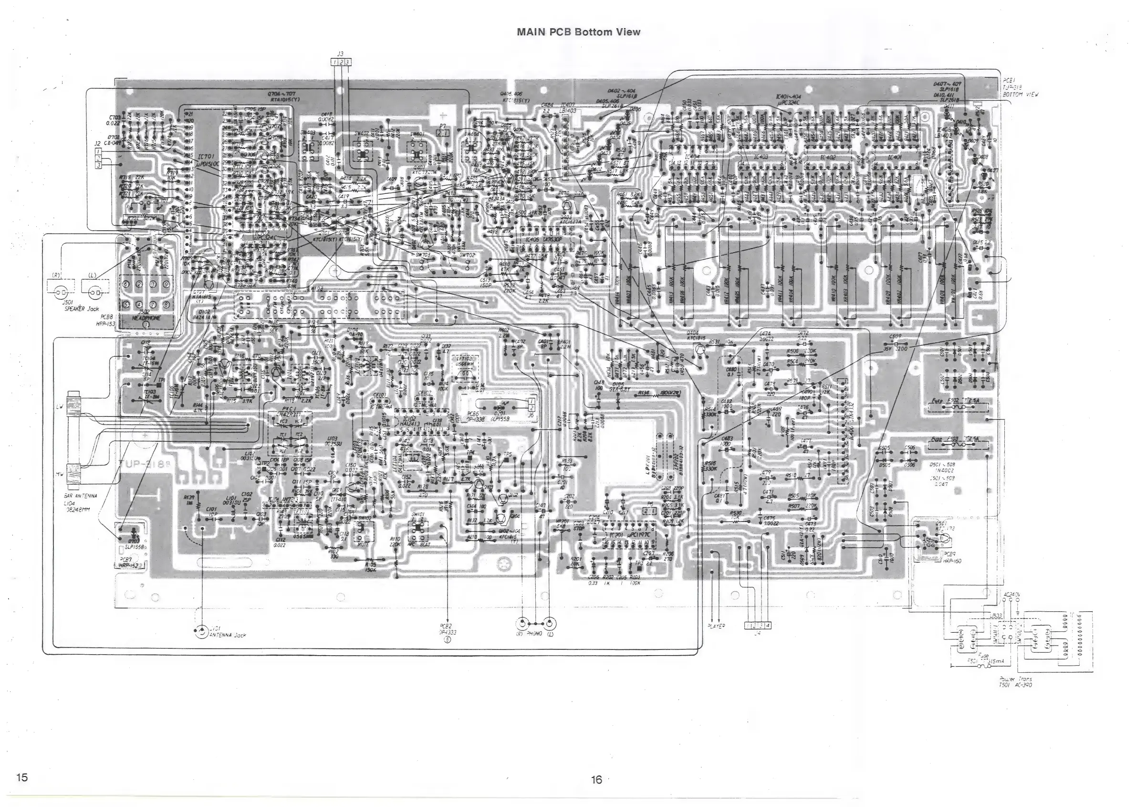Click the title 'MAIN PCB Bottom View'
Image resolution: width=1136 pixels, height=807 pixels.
tap(578, 32)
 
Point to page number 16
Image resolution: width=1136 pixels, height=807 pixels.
tap(596, 780)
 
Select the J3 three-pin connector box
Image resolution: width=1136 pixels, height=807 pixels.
tap(341, 62)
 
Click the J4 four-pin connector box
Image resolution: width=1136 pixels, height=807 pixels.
tap(758, 625)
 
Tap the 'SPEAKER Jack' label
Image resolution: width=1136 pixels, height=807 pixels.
tap(82, 308)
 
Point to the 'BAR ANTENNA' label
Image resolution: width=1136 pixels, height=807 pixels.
tap(81, 496)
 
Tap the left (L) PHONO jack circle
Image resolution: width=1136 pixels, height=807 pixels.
tap(550, 624)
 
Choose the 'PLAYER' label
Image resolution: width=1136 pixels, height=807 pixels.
tap(716, 626)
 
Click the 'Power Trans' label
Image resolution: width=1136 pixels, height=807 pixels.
tap(1015, 679)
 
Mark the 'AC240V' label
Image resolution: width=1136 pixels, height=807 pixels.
tap(1011, 594)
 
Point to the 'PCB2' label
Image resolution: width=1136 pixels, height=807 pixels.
tap(446, 626)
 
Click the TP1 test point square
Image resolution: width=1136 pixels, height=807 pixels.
tap(158, 384)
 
